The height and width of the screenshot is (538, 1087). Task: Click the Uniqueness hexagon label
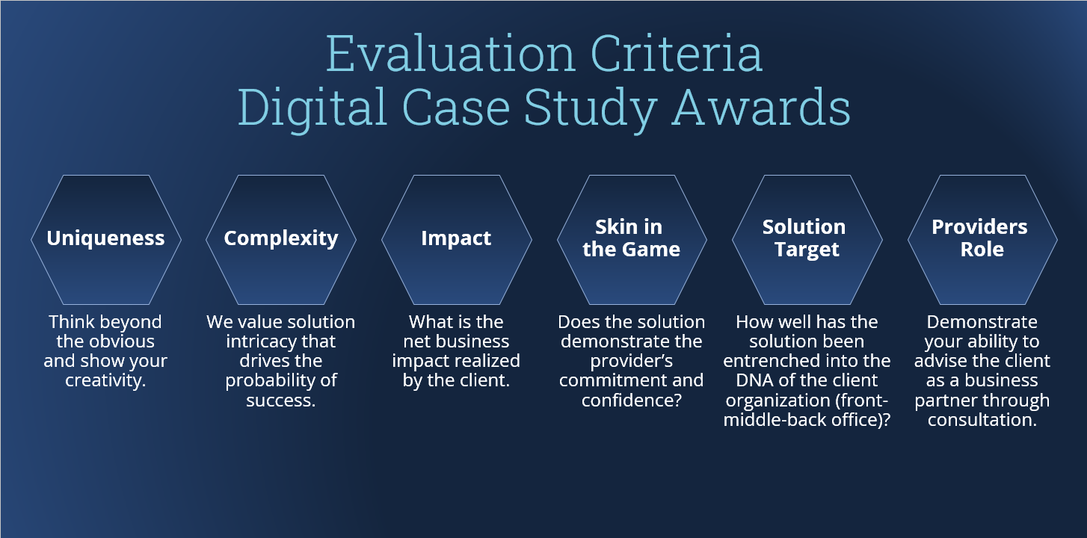tap(105, 238)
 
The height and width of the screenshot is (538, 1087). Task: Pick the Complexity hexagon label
tap(281, 238)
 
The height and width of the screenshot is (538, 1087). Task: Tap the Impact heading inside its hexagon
tap(456, 238)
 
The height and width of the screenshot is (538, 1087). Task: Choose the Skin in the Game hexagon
tap(632, 238)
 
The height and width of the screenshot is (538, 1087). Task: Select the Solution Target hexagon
tap(807, 238)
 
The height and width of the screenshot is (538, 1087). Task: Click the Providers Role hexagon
tap(982, 238)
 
